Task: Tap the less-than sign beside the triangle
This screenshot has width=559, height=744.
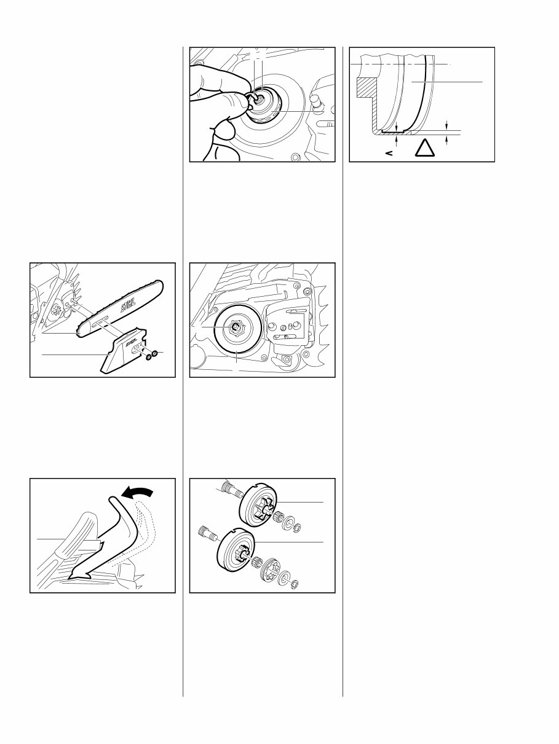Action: click(389, 153)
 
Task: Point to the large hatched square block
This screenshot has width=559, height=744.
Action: click(367, 87)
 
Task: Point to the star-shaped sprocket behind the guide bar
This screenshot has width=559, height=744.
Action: click(55, 310)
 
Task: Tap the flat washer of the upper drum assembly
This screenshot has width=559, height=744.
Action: click(290, 522)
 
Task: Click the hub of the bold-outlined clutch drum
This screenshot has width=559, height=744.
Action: click(235, 326)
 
